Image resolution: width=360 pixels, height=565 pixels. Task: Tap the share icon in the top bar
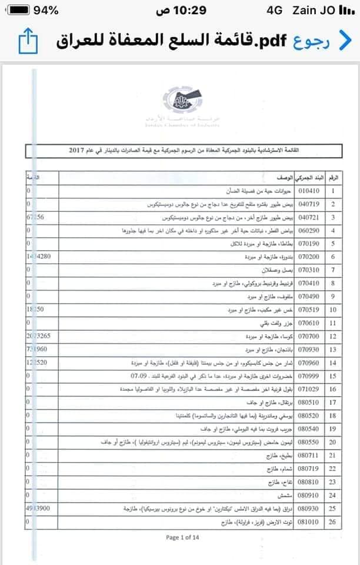pos(28,40)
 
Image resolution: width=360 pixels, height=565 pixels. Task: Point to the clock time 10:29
pos(179,10)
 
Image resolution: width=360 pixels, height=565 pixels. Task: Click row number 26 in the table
pos(334,521)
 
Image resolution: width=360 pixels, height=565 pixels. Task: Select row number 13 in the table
pos(334,350)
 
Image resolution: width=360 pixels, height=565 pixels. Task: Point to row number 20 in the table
pos(334,442)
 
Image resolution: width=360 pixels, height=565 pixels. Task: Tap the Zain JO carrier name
pos(322,10)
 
